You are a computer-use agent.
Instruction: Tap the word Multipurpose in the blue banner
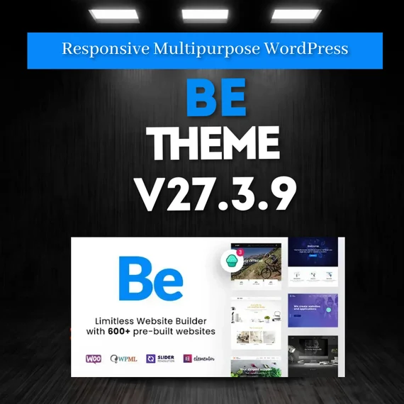pyautogui.click(x=188, y=49)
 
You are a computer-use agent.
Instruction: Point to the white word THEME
pyautogui.click(x=216, y=144)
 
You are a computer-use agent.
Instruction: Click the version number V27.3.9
pyautogui.click(x=215, y=193)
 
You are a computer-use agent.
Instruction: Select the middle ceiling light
pyautogui.click(x=204, y=13)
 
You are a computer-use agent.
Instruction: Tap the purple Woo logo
pyautogui.click(x=94, y=359)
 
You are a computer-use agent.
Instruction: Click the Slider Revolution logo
pyautogui.click(x=160, y=359)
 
